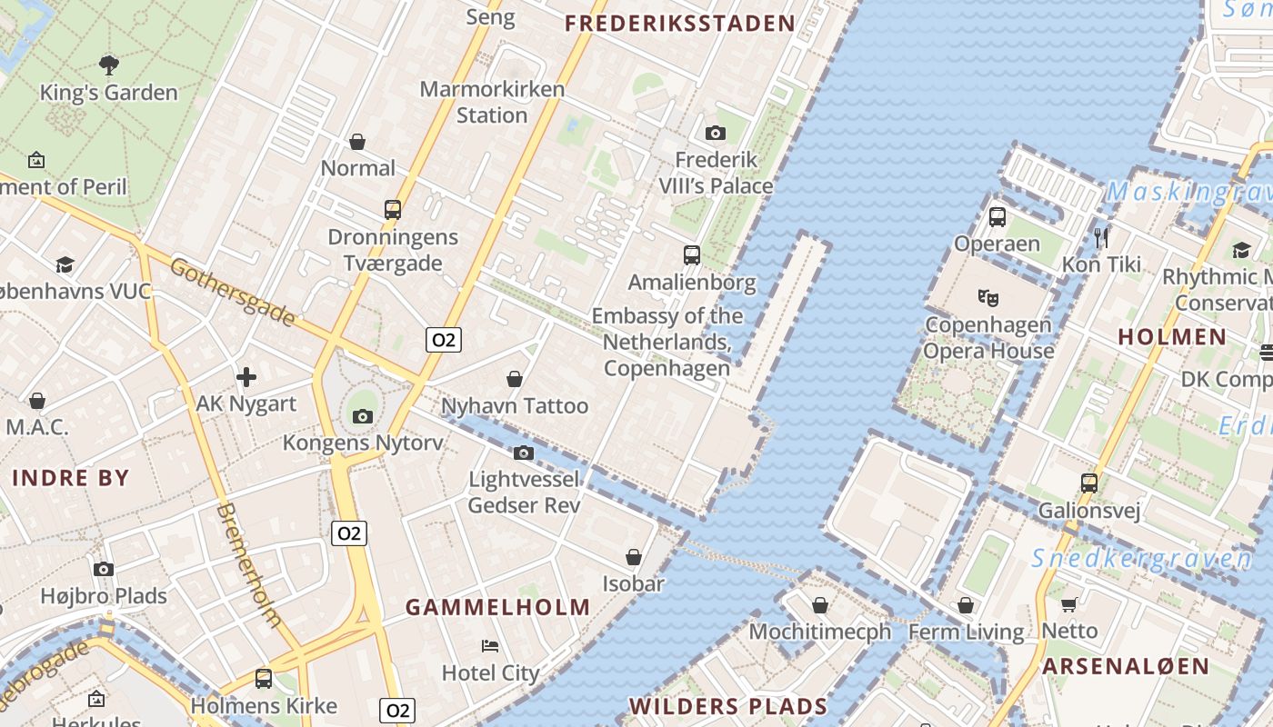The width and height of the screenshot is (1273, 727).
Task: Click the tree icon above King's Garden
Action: [109, 65]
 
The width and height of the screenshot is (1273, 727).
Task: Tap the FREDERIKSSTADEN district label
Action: [680, 24]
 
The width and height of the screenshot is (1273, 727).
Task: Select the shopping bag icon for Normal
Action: [357, 142]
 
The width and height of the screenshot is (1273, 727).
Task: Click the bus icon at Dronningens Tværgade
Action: [393, 210]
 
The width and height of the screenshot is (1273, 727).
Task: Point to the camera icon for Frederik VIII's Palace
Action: [716, 134]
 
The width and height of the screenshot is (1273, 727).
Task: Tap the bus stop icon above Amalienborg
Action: [692, 255]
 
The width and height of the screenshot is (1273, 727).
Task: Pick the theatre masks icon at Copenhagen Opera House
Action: [988, 297]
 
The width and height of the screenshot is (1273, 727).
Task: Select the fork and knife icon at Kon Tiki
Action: [1102, 238]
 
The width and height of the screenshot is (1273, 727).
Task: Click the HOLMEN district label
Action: [1172, 337]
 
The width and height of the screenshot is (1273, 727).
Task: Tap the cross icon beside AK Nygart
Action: [246, 376]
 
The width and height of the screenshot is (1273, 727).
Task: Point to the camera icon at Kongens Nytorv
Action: [363, 417]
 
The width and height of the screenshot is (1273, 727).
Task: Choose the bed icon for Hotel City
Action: [490, 646]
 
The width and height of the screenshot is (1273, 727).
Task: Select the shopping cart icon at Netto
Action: [1069, 604]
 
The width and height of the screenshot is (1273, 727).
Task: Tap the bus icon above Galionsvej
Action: [1089, 483]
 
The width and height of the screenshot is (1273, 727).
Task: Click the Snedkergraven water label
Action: [1142, 559]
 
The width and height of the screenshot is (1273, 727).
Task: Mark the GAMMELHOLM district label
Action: [497, 607]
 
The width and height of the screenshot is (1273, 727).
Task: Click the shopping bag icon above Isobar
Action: [634, 557]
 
